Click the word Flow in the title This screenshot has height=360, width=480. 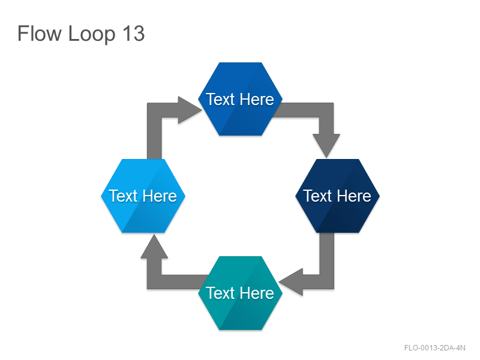[39, 34]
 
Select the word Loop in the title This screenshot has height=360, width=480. [92, 34]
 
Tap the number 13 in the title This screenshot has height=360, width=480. [133, 34]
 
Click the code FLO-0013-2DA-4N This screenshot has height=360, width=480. [434, 348]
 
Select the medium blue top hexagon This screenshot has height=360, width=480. [241, 99]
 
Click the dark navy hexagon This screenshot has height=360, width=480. [337, 196]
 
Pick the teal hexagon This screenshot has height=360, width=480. [241, 293]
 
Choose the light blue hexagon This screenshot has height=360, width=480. [143, 196]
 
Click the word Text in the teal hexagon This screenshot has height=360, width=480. [220, 293]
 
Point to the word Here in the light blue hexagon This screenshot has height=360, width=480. [160, 196]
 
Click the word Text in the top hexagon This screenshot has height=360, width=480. [220, 99]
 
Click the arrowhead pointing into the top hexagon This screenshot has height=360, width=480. [188, 110]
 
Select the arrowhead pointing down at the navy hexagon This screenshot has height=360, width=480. [326, 145]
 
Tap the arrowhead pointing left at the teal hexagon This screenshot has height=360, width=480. [292, 282]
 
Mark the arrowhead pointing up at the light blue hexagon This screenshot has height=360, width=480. [154, 247]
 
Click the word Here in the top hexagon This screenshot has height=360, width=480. [257, 99]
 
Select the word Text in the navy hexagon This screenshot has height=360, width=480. [317, 196]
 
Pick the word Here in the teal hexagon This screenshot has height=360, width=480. [257, 293]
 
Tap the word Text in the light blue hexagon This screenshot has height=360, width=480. [123, 196]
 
